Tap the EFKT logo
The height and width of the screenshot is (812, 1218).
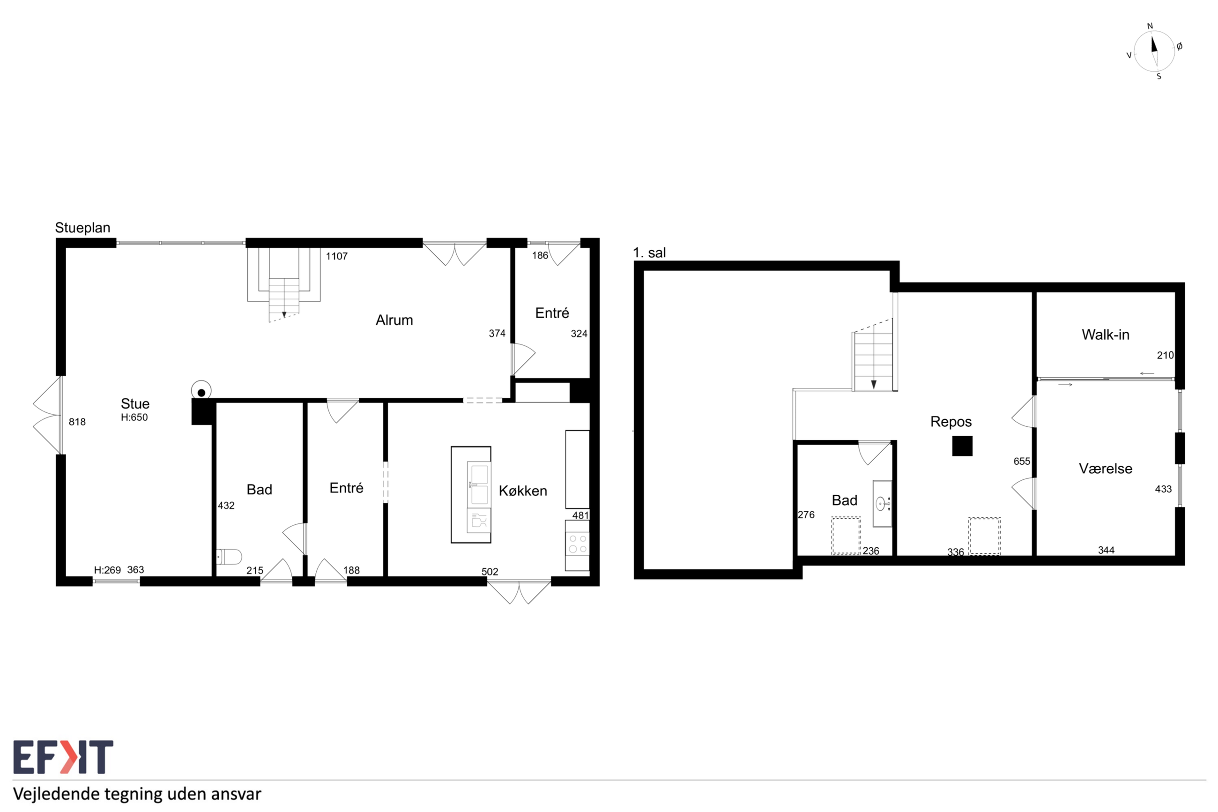tap(63, 757)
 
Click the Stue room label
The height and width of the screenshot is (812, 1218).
tap(135, 403)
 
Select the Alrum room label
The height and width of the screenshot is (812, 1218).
tap(394, 320)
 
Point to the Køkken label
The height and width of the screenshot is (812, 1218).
tap(523, 491)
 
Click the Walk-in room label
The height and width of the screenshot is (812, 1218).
tap(1105, 335)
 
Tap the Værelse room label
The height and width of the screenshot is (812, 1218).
tap(1105, 469)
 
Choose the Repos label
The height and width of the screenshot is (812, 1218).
tap(951, 422)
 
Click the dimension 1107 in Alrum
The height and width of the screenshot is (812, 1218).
tap(336, 256)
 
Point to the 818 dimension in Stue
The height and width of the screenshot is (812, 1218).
tap(77, 422)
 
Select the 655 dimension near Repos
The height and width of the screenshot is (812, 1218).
tap(1021, 461)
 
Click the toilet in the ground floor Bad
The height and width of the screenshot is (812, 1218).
tap(229, 557)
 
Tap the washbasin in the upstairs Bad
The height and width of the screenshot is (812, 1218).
tap(883, 503)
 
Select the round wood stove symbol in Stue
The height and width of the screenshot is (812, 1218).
tap(201, 392)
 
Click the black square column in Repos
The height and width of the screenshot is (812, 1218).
tap(962, 446)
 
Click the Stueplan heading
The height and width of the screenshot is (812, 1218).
tap(83, 228)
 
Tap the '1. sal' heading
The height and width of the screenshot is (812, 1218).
tap(649, 253)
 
